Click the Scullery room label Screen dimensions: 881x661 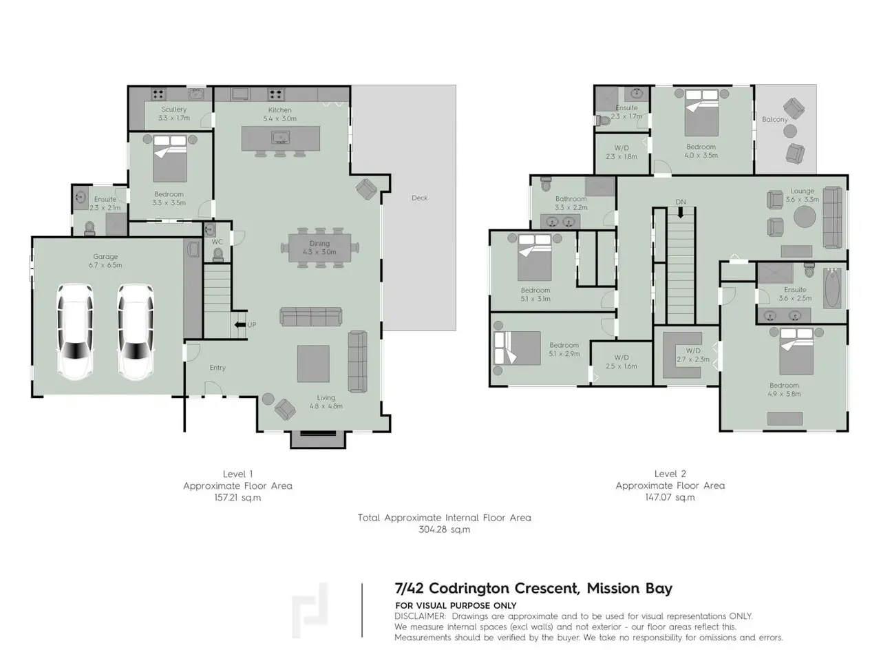coord(174,109)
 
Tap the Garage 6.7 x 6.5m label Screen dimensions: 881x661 coord(105,260)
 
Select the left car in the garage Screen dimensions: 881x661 coord(76,331)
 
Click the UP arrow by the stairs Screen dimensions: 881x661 coord(240,325)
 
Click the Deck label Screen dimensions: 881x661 coord(419,198)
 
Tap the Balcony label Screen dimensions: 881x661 coord(774,119)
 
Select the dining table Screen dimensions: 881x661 coord(319,248)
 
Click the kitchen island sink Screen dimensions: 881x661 coord(280,138)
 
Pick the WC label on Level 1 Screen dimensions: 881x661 coord(217,242)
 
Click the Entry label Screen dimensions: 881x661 coord(217,368)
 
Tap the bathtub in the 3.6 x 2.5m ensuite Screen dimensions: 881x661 coord(832,288)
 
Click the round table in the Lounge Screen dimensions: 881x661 coord(805,217)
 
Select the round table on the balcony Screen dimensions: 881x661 coord(790,132)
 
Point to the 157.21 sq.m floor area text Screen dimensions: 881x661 coord(237,498)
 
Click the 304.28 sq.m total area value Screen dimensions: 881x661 coord(444,529)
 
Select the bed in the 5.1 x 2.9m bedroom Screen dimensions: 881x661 coord(518,348)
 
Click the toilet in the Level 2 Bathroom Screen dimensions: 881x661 coord(546,185)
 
